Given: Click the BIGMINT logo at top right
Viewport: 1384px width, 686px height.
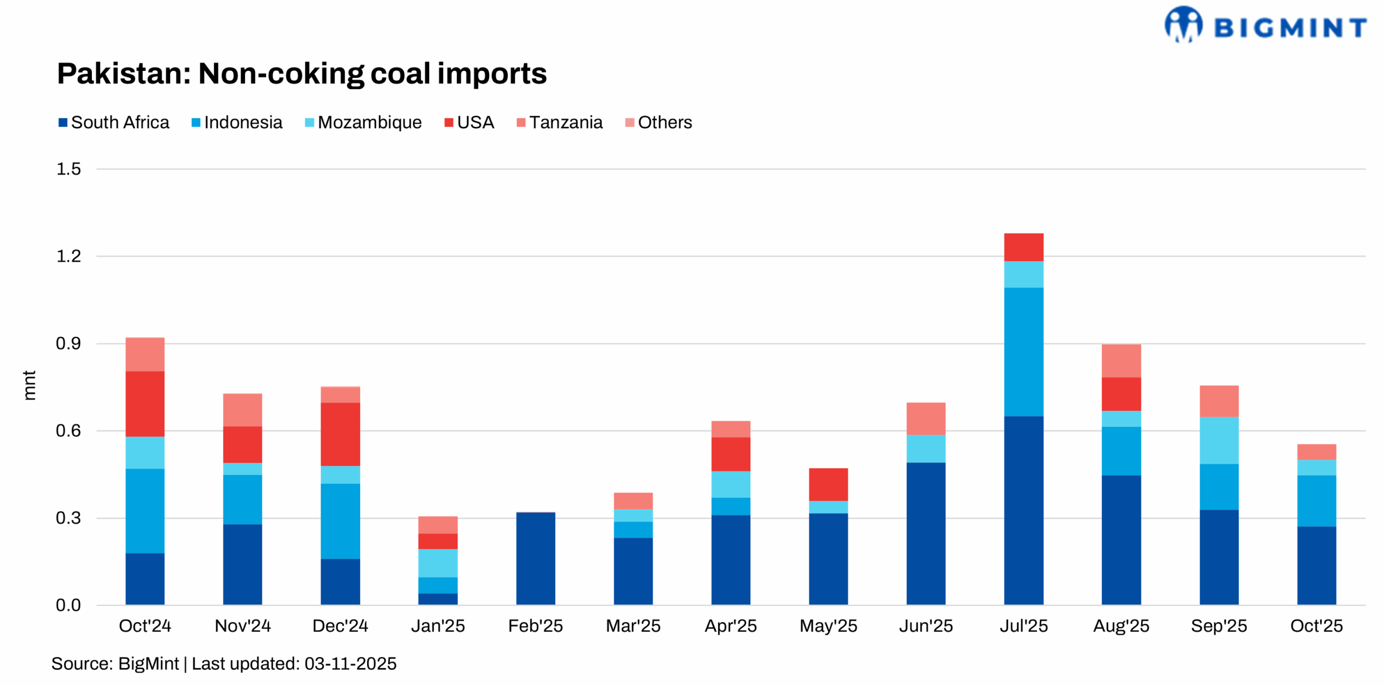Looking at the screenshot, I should click(1265, 25).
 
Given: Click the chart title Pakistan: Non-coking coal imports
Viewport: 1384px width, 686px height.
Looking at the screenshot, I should click(302, 74).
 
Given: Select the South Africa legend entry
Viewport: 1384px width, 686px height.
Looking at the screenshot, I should click(114, 122).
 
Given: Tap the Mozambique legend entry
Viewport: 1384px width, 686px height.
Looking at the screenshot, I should click(363, 122).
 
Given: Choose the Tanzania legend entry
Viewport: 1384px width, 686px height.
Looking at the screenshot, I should click(560, 122).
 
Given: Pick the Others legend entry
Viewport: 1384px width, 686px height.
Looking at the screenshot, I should click(658, 122).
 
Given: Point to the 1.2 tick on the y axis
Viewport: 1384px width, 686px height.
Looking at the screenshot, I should click(69, 256).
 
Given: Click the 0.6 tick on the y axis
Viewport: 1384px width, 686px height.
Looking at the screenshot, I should click(69, 430).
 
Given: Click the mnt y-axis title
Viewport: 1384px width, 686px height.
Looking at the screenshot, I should click(29, 385).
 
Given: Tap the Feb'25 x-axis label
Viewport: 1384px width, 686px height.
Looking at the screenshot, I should click(535, 625).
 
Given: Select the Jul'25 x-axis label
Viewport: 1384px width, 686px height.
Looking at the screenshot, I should click(1023, 625).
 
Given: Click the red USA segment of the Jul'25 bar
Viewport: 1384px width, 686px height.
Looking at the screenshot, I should click(1023, 247).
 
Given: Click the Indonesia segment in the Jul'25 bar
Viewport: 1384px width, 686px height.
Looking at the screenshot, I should click(1023, 351).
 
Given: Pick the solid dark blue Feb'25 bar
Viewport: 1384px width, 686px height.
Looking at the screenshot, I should click(535, 558).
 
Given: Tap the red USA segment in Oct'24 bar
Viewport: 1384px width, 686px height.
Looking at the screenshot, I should click(145, 403).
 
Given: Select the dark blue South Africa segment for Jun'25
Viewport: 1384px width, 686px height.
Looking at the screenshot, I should click(926, 533).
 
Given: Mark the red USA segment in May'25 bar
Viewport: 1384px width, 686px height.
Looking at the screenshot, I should click(828, 484).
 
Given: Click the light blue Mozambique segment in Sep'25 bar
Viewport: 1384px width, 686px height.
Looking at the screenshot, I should click(1219, 440).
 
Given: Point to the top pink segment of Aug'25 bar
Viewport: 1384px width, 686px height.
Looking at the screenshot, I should click(1121, 361).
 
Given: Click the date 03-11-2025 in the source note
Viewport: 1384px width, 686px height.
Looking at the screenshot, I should click(350, 663).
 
